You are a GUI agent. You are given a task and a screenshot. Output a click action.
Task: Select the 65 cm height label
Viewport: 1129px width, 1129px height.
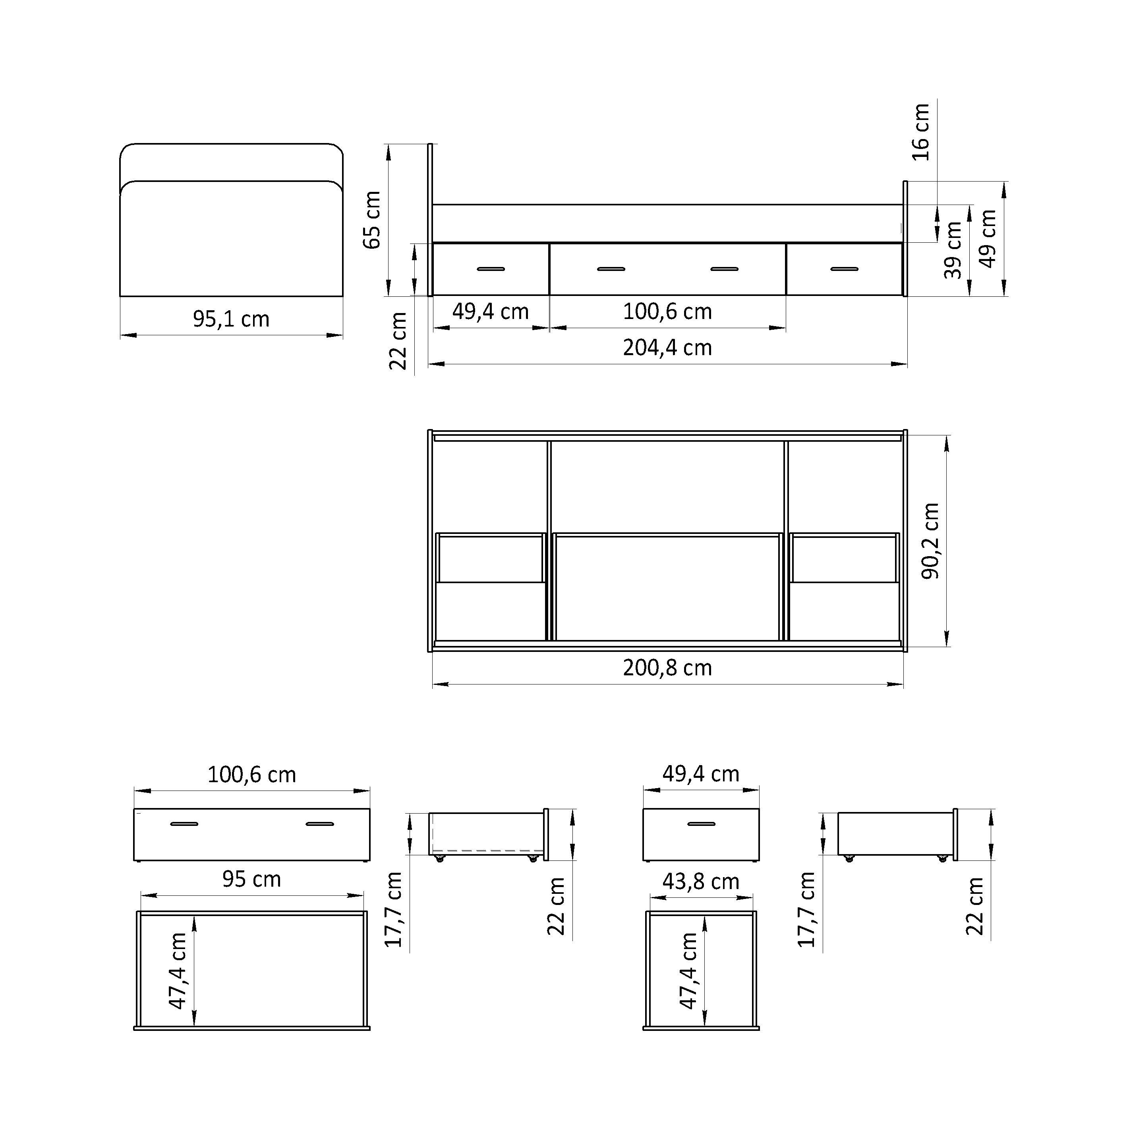[372, 220]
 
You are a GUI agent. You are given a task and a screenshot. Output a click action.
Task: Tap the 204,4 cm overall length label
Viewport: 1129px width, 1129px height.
[667, 348]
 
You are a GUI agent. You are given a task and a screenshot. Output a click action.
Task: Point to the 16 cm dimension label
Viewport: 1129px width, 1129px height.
[920, 132]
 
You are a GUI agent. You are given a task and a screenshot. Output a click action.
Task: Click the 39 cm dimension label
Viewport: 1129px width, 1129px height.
[953, 250]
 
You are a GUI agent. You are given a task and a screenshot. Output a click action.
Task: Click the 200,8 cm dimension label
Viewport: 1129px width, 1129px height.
[667, 668]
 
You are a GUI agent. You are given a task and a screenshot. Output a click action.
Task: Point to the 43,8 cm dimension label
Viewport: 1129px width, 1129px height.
[701, 881]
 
